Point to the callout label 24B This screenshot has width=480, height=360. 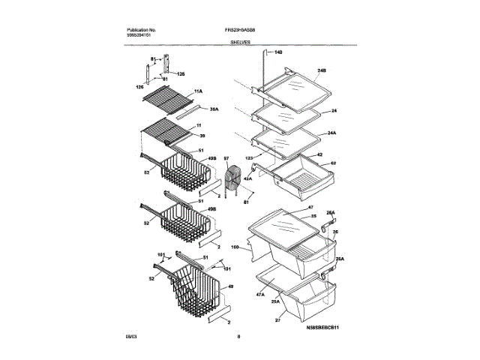coord(322,70)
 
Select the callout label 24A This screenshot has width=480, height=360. coord(330,133)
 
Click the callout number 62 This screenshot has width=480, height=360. coord(333,163)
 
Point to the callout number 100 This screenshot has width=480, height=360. coord(234,247)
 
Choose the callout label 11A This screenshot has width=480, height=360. coord(199,91)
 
